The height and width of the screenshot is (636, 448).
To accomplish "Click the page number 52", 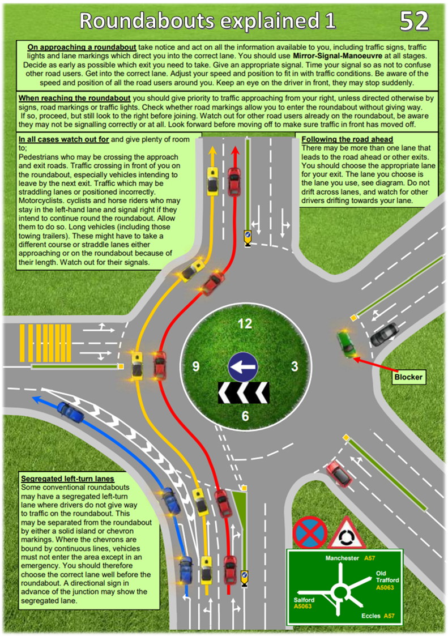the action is [414, 21].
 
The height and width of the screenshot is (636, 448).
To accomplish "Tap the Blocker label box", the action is [408, 377].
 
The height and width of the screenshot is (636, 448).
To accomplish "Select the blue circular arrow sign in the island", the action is [242, 366].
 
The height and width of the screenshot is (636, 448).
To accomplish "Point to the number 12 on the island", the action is [245, 324].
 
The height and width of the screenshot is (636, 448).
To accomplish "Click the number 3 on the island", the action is [295, 366].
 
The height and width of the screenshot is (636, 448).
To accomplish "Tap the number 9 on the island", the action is [196, 366].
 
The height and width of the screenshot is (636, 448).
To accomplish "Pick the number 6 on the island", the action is [245, 416].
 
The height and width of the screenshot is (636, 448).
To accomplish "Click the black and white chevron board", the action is [244, 392].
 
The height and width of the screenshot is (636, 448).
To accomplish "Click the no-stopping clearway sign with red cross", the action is [310, 532].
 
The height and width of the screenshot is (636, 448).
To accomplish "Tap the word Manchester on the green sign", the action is [342, 558].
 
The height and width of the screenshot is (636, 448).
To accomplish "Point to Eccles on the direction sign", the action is [371, 616].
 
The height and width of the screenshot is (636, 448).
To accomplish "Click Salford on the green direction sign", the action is [304, 600].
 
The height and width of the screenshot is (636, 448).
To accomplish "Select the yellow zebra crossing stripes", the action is [45, 343].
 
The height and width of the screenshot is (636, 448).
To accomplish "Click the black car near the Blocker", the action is [384, 334].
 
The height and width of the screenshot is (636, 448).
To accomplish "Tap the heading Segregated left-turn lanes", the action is [67, 479].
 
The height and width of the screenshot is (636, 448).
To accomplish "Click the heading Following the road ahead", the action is [347, 139].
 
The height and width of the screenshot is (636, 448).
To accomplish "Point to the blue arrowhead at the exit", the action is [36, 399].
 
